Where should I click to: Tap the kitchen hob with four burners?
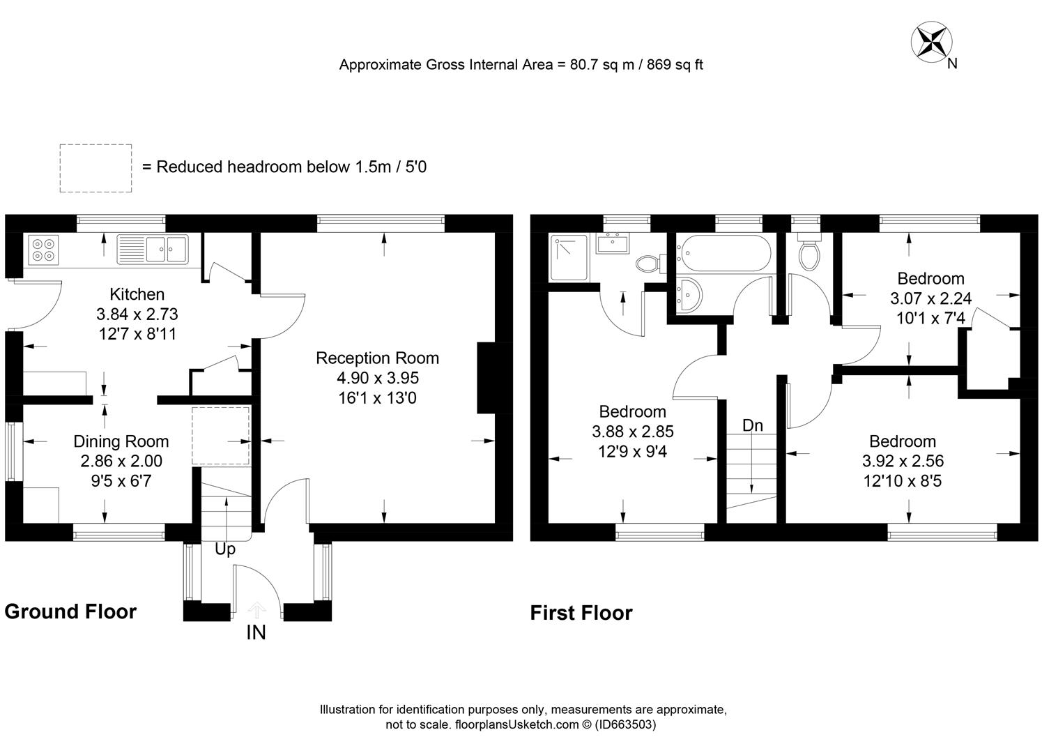(x=43, y=249)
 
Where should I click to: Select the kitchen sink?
(x=153, y=249)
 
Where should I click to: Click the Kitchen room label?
(x=137, y=294)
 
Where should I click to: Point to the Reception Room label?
(x=377, y=358)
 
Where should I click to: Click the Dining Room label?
(x=121, y=441)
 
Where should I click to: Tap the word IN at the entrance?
(x=256, y=633)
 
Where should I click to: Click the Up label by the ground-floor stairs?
(x=224, y=549)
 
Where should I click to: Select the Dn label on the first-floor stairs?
(x=752, y=425)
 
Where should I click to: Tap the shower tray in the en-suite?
(x=569, y=257)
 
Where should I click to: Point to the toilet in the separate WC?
(x=809, y=256)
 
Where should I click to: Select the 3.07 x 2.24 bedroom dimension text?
(x=930, y=299)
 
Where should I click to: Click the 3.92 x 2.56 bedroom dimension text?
(x=903, y=461)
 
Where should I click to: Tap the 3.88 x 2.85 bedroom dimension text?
(x=632, y=432)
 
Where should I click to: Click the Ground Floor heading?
(x=70, y=611)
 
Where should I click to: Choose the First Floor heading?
(x=581, y=613)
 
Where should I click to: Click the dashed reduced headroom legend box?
(x=95, y=168)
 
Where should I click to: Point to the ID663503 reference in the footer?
(x=625, y=724)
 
